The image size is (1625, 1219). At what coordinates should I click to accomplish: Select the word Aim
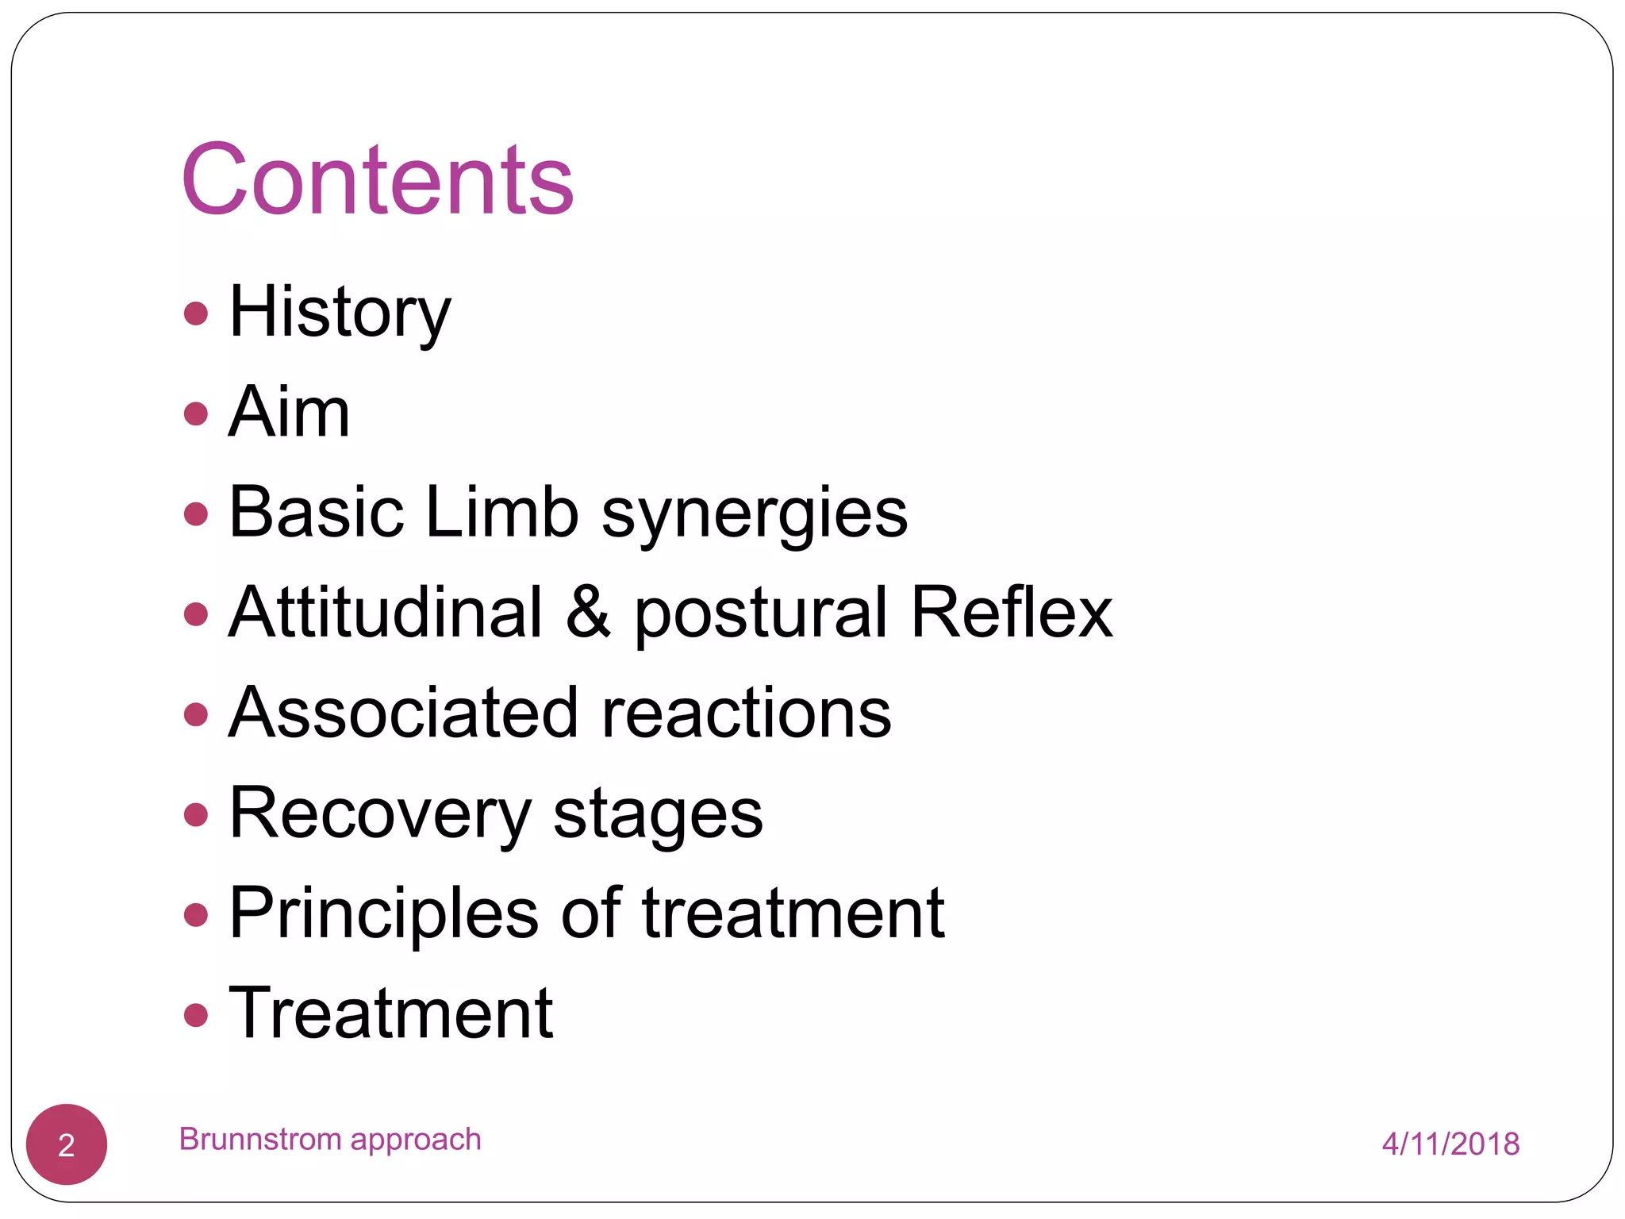tap(289, 412)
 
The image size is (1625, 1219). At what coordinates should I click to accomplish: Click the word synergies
tap(755, 514)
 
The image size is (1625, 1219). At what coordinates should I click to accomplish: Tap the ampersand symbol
tap(589, 613)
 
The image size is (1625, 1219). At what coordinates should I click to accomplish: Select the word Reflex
tap(1012, 613)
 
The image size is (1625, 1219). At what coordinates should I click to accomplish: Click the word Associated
tap(404, 713)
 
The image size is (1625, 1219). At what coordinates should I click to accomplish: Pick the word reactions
tap(747, 713)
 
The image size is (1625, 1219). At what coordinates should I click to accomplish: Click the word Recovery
tap(380, 814)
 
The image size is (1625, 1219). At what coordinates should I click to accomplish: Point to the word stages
tap(658, 816)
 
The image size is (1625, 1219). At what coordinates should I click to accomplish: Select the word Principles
tap(384, 914)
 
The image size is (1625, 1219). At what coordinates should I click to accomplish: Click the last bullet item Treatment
tap(390, 1013)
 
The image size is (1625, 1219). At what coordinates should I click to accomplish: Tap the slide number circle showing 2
tap(67, 1144)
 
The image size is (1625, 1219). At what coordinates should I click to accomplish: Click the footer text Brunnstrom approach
tap(330, 1140)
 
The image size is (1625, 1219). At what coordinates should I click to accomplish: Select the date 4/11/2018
tap(1450, 1144)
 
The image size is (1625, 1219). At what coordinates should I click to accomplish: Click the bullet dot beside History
tap(195, 313)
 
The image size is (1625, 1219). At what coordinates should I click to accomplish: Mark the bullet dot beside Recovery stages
tap(195, 814)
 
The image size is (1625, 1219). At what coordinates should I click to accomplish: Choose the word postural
tap(761, 614)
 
